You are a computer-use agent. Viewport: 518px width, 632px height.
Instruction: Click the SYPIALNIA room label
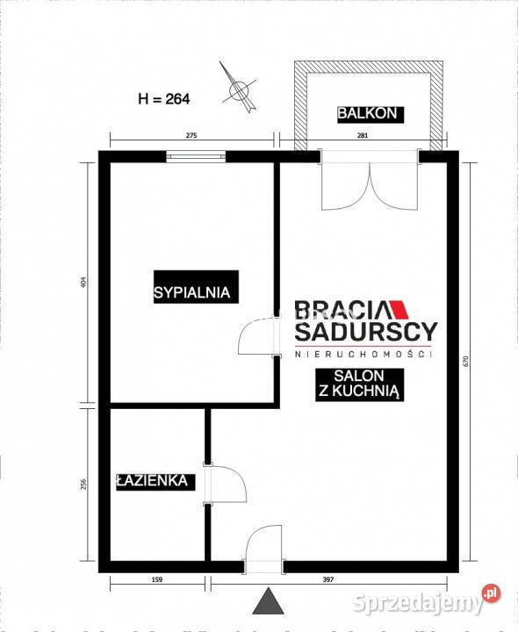(x=192, y=293)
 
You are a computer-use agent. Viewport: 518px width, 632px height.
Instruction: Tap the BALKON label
(x=369, y=112)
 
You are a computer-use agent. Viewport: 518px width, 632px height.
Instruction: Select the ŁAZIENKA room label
(x=153, y=480)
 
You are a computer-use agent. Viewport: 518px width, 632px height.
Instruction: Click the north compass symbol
(x=237, y=88)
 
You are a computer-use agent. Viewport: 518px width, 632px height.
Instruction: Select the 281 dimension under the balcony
(x=363, y=135)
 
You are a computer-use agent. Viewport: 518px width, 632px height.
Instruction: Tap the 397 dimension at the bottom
(x=380, y=580)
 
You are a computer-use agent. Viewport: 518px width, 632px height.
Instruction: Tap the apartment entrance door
(x=265, y=546)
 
